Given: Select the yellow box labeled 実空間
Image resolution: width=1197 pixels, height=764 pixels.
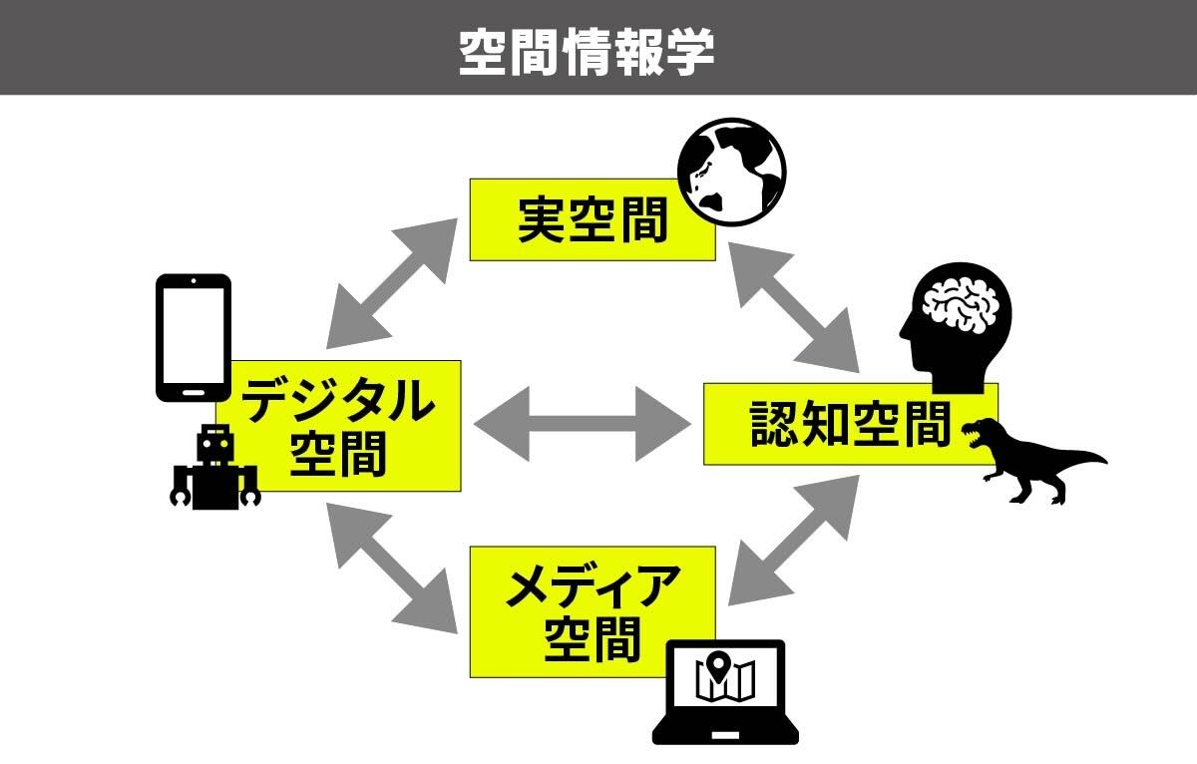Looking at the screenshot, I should tap(593, 221).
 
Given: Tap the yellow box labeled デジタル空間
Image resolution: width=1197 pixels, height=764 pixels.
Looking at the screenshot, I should tap(339, 426).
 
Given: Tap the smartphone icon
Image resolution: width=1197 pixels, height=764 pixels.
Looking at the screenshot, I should tap(194, 337).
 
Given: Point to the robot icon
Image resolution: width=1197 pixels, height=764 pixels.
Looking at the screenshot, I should tap(214, 466).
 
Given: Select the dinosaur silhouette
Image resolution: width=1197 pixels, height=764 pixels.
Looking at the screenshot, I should tap(1027, 458).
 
